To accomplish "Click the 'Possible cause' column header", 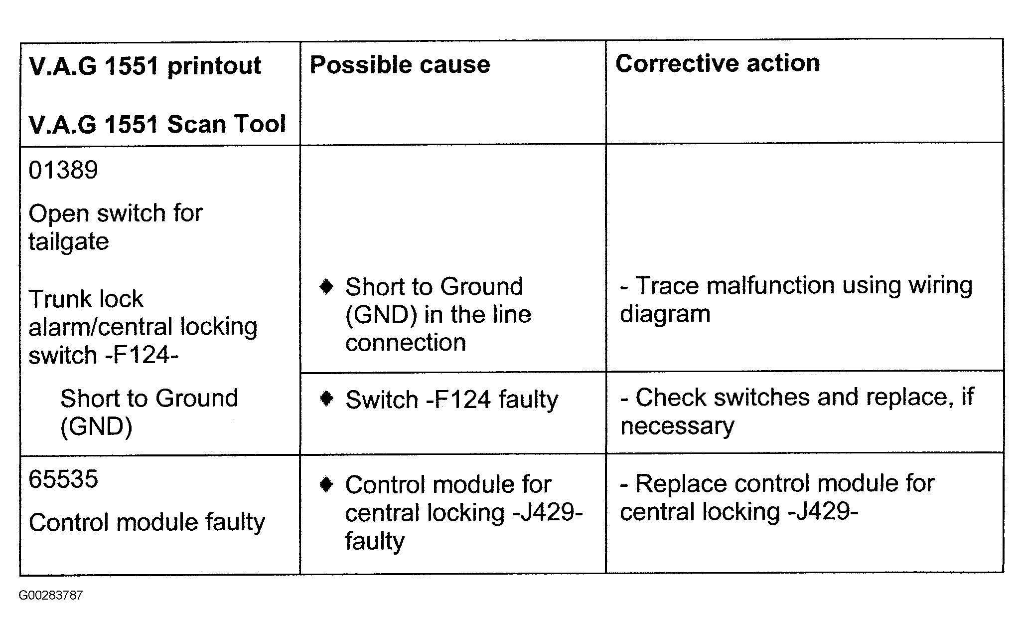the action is pos(400,65).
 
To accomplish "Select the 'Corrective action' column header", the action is pos(718,63).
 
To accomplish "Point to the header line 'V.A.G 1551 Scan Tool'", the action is pos(157,124).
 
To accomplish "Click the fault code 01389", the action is pos(63,170).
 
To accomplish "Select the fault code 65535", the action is pos(63,479).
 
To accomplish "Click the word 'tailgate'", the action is pos(69,242).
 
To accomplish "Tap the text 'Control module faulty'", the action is pos(147,523).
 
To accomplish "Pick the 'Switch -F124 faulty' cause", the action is pos(452,400).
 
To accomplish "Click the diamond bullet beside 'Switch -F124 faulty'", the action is pos(326,399).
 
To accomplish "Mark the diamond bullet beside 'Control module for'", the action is pos(326,484).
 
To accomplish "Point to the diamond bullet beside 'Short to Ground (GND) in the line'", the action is pos(326,287).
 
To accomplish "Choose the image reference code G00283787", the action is pos(51,595).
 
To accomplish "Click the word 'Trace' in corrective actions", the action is pos(667,286).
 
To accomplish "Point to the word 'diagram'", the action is pos(665,315).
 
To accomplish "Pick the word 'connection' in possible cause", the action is pos(406,343).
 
